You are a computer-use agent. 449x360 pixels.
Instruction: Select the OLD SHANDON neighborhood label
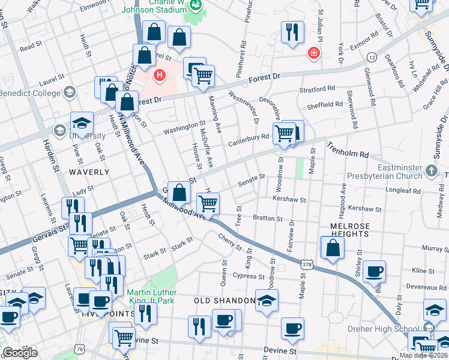pos(224,300)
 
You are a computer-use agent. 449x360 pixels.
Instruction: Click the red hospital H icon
pos(159,75)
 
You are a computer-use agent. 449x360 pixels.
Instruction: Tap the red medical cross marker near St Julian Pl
pos(313,54)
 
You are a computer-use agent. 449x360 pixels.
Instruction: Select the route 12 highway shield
pos(372,57)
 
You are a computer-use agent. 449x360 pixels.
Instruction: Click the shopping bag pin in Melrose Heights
pos(333,247)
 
